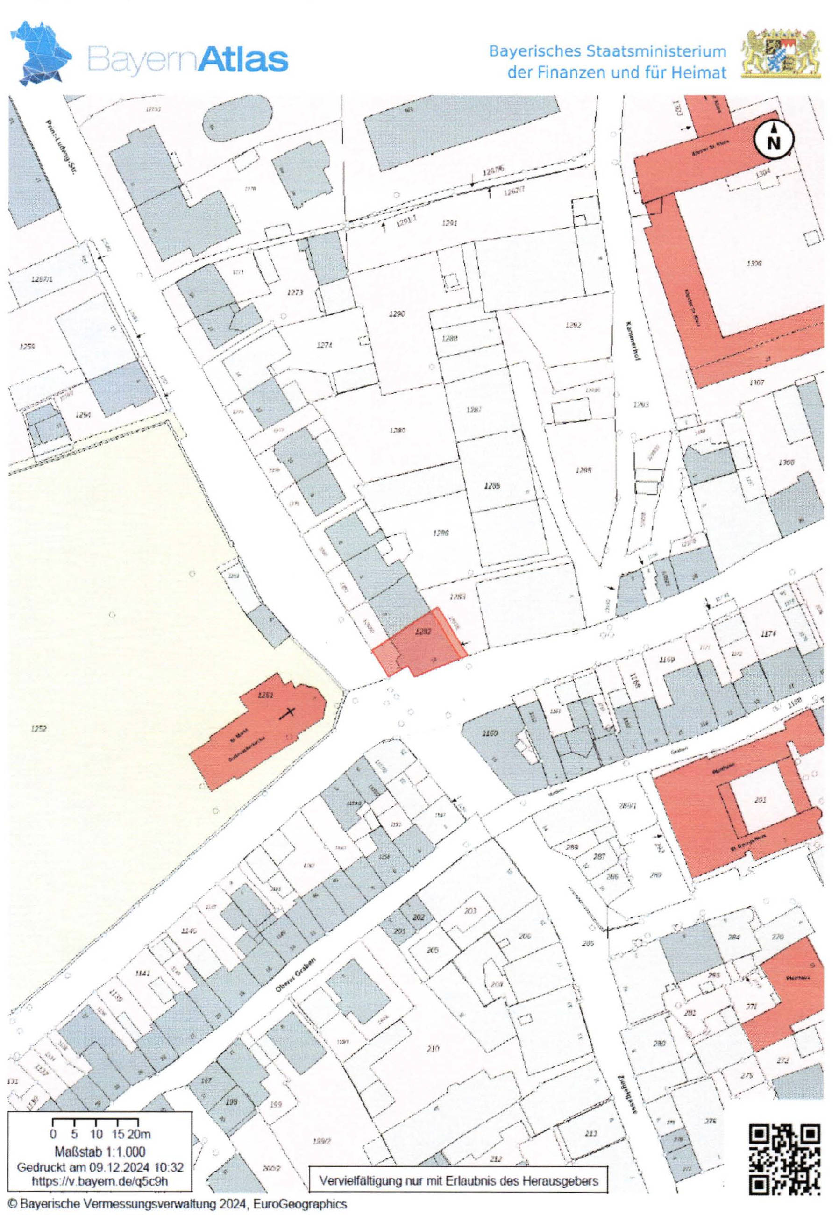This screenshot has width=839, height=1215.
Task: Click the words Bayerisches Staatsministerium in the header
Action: (x=607, y=51)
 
